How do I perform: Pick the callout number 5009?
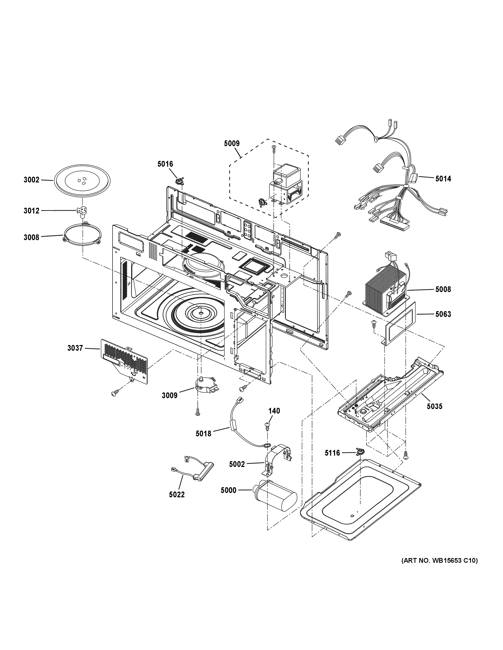[232, 143]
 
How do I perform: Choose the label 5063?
[443, 314]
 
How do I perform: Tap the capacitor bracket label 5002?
[237, 464]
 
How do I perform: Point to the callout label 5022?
[177, 495]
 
